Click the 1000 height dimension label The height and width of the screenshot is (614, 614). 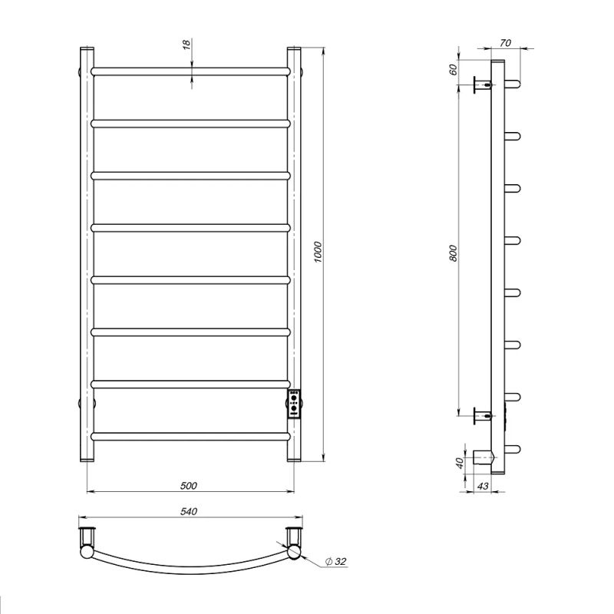click(318, 252)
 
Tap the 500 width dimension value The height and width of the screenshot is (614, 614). click(188, 486)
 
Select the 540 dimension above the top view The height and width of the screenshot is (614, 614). click(189, 511)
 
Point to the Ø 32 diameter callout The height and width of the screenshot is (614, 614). click(336, 561)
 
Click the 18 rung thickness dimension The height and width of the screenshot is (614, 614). click(187, 45)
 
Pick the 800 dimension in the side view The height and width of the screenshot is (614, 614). click(453, 253)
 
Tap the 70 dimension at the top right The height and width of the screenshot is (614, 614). click(506, 43)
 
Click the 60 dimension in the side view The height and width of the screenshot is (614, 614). click(453, 69)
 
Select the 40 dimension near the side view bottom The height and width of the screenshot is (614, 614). click(460, 463)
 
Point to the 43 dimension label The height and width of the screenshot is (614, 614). click(484, 486)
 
